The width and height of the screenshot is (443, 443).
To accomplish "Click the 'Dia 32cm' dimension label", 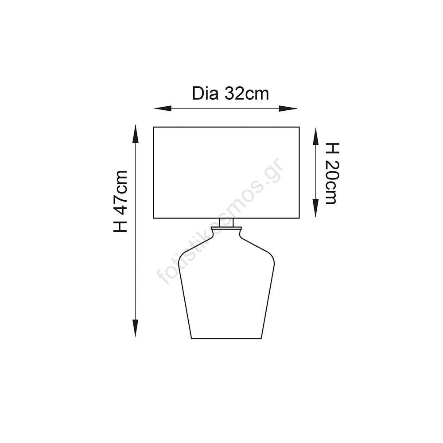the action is pyautogui.click(x=230, y=93).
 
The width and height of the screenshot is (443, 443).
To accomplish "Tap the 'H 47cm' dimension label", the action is pyautogui.click(x=120, y=201).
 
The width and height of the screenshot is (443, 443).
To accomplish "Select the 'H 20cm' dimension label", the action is pyautogui.click(x=332, y=174).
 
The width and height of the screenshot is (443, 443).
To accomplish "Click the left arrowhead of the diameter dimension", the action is pyautogui.click(x=163, y=108).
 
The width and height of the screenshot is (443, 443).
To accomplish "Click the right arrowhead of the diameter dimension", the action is pyautogui.click(x=288, y=108).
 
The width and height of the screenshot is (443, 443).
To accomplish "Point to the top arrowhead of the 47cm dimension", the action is pyautogui.click(x=136, y=134).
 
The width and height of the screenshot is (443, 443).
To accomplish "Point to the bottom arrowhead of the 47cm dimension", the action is pyautogui.click(x=136, y=328).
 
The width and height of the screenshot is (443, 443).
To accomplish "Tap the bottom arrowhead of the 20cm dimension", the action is pyautogui.click(x=315, y=208).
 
